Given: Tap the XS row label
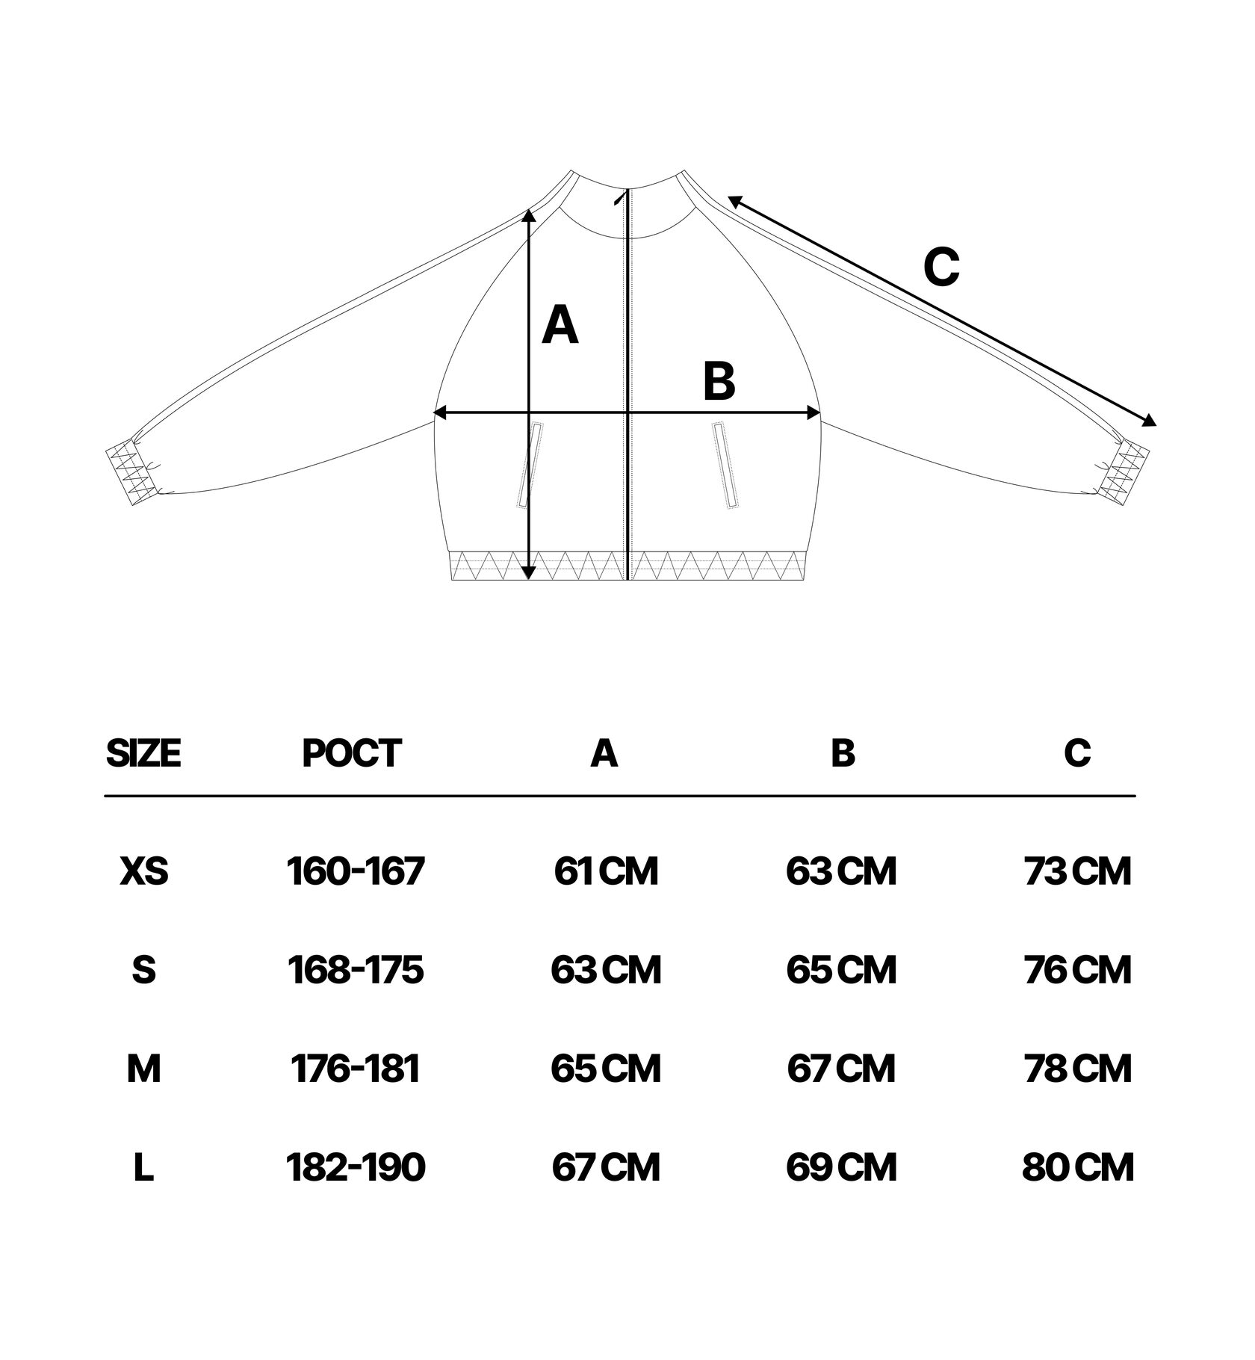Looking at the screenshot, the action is pyautogui.click(x=144, y=871).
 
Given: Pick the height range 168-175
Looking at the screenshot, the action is pyautogui.click(x=356, y=970).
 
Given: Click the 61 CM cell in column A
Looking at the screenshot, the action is pyautogui.click(x=606, y=871).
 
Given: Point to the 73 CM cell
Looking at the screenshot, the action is pyautogui.click(x=1077, y=871).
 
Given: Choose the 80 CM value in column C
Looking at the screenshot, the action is pyautogui.click(x=1077, y=1167).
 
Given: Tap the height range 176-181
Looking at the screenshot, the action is pyautogui.click(x=356, y=1069).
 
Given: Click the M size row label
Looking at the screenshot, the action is pyautogui.click(x=144, y=1069).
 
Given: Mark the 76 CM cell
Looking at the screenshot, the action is pyautogui.click(x=1077, y=970).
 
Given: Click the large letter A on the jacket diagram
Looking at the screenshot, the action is pyautogui.click(x=560, y=326).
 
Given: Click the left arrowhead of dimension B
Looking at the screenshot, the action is pyautogui.click(x=439, y=412).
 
